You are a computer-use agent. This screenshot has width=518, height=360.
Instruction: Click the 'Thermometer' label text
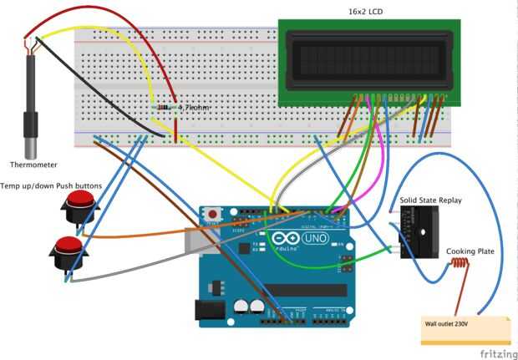pos(34,165)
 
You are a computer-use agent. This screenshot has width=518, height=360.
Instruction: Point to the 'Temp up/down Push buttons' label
pos(51,185)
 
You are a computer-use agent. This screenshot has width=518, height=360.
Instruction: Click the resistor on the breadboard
pos(165,109)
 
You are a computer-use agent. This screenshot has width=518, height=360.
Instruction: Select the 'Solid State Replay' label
pos(430,200)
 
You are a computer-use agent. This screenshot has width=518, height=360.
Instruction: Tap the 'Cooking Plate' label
pos(468,251)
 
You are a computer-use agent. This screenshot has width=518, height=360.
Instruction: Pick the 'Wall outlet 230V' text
pos(448,322)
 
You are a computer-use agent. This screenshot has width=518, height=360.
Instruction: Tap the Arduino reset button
pos(213,214)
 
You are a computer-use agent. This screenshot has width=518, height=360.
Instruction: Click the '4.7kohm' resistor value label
pos(194,109)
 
